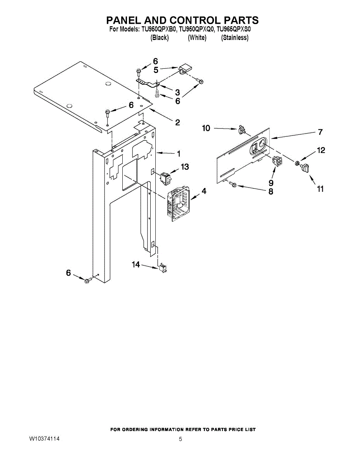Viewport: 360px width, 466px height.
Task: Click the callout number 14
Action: click(136, 264)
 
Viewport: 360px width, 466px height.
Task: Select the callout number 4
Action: click(204, 191)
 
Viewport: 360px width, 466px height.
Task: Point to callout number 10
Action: click(206, 128)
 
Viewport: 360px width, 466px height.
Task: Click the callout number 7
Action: click(320, 132)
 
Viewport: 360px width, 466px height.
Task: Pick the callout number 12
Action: click(321, 150)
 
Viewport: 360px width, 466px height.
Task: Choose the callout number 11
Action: click(320, 189)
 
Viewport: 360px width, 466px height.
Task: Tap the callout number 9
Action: click(271, 183)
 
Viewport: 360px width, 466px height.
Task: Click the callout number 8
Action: click(271, 191)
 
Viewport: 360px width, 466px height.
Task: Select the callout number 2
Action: click(177, 123)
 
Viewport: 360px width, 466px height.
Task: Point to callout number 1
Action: click(179, 154)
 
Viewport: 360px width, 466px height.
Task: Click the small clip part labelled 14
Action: click(162, 268)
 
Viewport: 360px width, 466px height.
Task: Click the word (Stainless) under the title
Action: click(235, 38)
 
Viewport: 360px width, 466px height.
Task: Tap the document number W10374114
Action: click(44, 439)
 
